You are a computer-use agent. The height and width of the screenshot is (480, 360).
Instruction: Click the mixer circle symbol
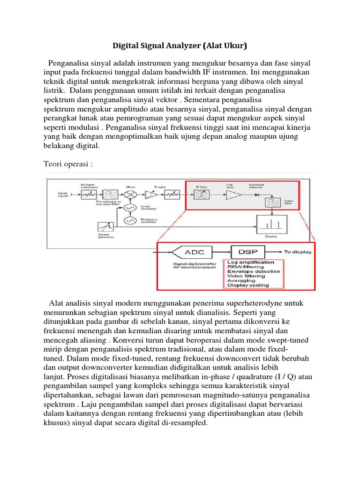130,194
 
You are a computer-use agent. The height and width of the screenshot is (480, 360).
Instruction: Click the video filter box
271,202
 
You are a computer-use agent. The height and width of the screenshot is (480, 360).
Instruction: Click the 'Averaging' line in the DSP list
241,280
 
